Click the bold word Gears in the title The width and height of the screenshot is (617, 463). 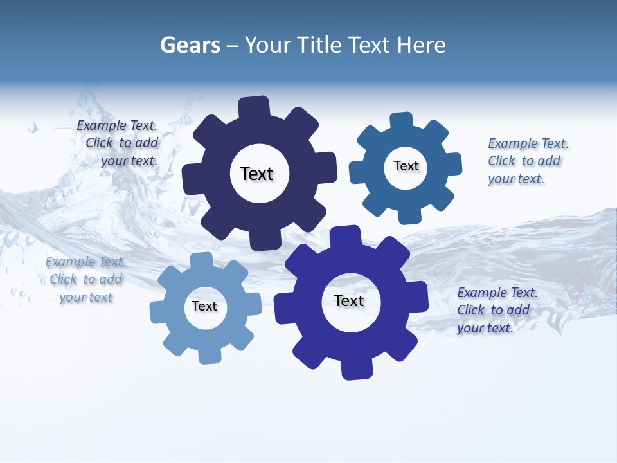pos(190,45)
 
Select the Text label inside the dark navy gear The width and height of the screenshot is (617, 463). pos(256,174)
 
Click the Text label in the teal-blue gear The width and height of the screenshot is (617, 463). pos(406,166)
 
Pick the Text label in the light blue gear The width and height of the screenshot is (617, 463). pos(204,306)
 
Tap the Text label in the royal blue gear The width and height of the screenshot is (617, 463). pos(349,300)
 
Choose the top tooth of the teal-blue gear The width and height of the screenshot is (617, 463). pos(402,121)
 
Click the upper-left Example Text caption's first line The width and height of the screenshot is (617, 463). pos(117,126)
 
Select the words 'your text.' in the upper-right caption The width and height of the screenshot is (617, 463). pos(515,179)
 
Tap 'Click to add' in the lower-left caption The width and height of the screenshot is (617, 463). pos(86,279)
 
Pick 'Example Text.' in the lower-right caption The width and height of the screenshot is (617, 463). pos(497,293)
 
